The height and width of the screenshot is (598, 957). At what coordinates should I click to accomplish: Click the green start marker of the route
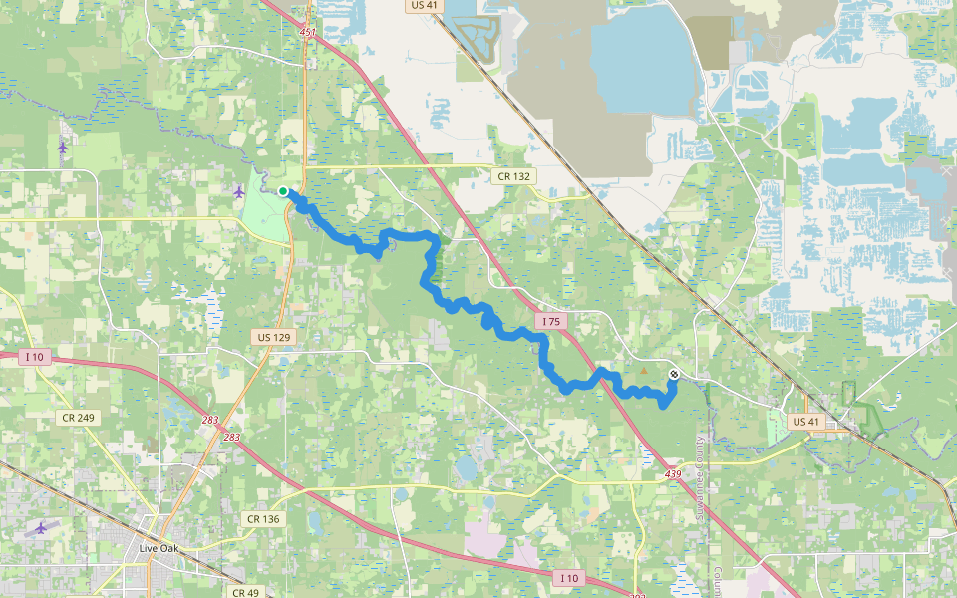pos(284,191)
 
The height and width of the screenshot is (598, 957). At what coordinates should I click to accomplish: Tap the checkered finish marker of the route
pos(675,375)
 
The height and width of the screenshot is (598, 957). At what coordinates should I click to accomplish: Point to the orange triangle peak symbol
pos(644,372)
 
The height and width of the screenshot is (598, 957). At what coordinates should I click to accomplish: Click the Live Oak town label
pos(161,548)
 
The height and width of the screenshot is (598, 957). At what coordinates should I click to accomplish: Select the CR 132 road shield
pos(514,175)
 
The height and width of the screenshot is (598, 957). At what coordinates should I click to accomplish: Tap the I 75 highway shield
pos(551,321)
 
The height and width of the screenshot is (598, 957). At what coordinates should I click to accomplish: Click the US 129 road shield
pos(273,338)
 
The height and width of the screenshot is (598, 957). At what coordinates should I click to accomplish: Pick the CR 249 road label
pos(77,417)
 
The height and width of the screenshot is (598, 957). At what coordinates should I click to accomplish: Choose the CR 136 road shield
pos(262,519)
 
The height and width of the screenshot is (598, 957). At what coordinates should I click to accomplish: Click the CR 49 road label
pos(245,592)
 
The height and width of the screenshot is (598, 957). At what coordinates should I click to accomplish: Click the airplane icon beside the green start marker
pos(238,191)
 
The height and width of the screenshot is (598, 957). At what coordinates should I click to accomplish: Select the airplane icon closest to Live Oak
pos(40,527)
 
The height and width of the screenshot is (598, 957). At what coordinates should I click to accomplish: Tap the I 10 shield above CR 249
pos(35,357)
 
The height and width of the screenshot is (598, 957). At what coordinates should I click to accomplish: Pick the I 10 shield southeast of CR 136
pos(569,578)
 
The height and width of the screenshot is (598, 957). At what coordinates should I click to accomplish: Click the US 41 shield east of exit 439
pos(804,422)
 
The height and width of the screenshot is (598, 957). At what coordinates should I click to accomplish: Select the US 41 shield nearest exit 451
pos(424,5)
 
